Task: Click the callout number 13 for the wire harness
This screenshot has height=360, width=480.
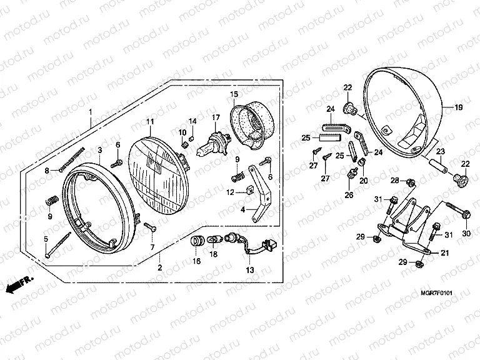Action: click(x=250, y=270)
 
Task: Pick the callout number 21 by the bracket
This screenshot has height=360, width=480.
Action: click(x=445, y=252)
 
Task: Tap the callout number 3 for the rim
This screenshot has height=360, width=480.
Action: click(x=99, y=151)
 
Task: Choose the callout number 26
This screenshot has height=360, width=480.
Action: click(x=348, y=195)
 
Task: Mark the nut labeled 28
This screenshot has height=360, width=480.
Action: click(x=411, y=182)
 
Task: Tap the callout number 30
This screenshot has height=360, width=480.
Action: click(x=465, y=233)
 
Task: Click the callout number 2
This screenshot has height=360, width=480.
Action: click(x=159, y=268)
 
